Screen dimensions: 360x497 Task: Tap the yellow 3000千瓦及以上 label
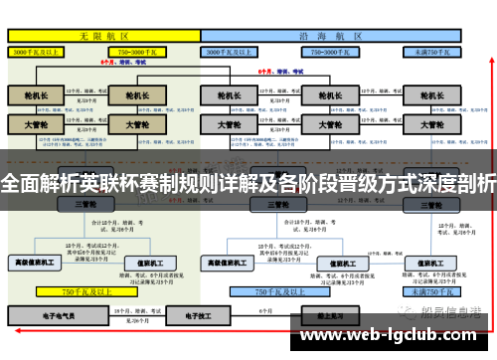38,50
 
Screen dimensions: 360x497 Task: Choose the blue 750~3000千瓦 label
335,50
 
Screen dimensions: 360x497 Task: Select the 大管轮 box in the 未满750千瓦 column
432,126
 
